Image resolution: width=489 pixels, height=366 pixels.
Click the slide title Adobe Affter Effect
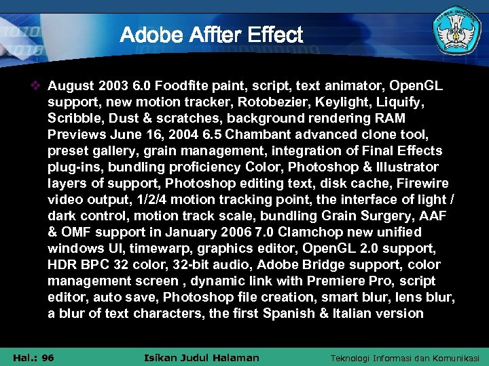211,35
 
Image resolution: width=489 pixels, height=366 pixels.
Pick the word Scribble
73,119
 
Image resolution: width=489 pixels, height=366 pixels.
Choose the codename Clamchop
309,232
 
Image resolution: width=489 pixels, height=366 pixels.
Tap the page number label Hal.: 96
33,358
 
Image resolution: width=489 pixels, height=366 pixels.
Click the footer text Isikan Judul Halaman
202,358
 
